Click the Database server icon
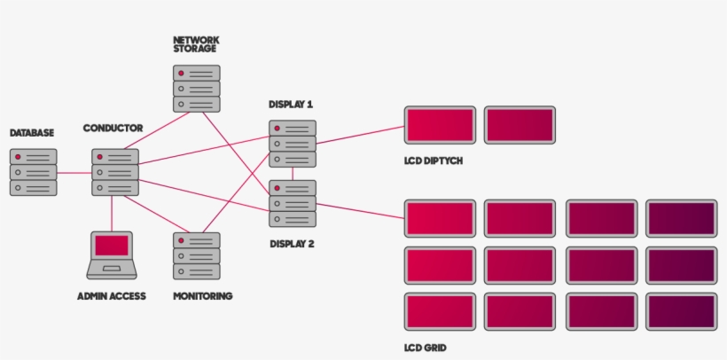tap(34, 172)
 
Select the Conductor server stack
tap(115, 172)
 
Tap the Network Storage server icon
tap(197, 89)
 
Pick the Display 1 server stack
tap(293, 144)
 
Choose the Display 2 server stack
tap(293, 204)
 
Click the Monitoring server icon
tap(197, 256)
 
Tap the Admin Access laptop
tap(112, 255)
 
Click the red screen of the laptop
tap(112, 246)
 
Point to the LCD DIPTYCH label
tap(434, 161)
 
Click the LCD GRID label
tap(426, 348)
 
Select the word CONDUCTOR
tap(113, 128)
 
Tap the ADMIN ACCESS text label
tap(112, 296)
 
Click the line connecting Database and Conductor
tap(74, 173)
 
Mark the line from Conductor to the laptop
tap(112, 214)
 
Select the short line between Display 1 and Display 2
tap(293, 174)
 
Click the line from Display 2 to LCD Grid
tap(360, 211)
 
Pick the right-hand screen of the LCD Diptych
tap(520, 125)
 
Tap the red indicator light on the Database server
tap(18, 157)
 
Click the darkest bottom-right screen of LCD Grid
tap(682, 312)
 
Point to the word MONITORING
tap(203, 296)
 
